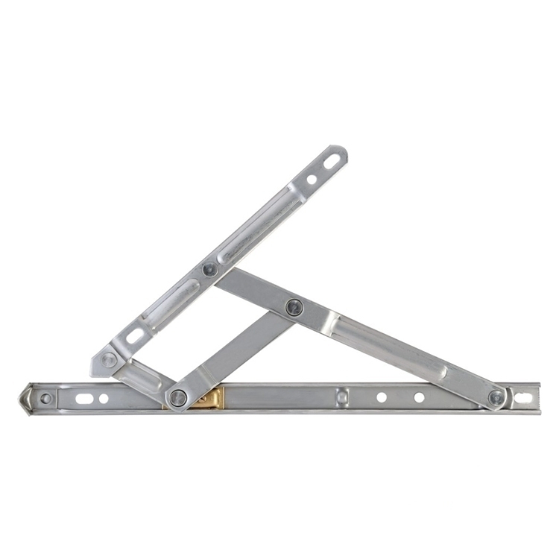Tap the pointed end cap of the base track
(27, 398)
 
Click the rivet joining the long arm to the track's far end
(496, 398)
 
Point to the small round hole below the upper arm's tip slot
(312, 179)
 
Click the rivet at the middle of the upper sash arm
(211, 269)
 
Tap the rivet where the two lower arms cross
(294, 306)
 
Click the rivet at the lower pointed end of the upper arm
(109, 360)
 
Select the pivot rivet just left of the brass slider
(177, 398)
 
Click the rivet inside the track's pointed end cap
(46, 399)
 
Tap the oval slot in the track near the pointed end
(84, 399)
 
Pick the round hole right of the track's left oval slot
(104, 399)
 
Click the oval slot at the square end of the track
(524, 398)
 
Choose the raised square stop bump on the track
(341, 397)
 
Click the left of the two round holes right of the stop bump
(382, 397)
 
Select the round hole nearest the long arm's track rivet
(419, 397)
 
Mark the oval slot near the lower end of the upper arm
(136, 336)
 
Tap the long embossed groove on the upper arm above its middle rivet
(257, 224)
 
